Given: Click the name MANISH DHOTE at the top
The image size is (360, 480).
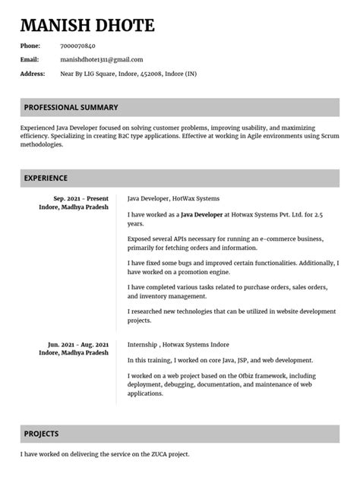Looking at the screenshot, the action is point(87,27).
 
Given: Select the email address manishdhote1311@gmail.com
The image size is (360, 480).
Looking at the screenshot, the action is point(101,59).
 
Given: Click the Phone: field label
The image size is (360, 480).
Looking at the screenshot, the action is point(30,46).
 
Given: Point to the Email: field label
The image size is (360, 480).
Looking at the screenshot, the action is point(29,59).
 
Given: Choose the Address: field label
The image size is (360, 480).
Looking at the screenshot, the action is point(33,74).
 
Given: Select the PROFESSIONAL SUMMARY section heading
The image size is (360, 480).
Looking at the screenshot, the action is point(71,107).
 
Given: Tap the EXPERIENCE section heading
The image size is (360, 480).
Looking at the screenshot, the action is point(46,178).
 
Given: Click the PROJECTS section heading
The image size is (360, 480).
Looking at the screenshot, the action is point(41,434).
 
